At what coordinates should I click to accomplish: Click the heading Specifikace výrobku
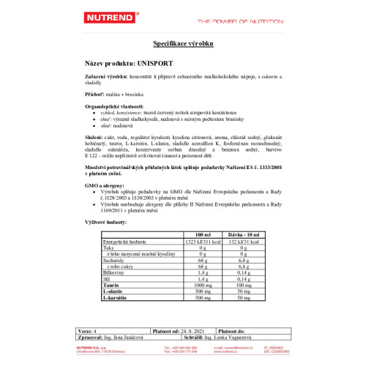pyautogui.click(x=183, y=45)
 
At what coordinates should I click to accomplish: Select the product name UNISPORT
pyautogui.click(x=152, y=63)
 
